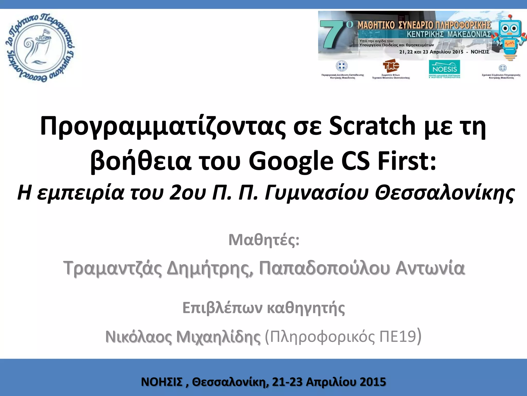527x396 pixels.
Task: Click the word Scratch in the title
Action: [x=372, y=126]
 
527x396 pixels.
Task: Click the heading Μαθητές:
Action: [x=264, y=240]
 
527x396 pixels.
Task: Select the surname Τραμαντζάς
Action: [x=113, y=268]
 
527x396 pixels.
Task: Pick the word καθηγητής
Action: [x=306, y=308]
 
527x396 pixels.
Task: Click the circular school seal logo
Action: [x=40, y=48]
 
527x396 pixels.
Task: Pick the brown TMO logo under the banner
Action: [x=391, y=66]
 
